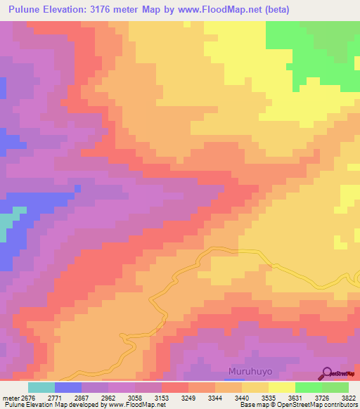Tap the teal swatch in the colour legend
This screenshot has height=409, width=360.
(41, 387)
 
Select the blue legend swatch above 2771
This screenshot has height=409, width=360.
(68, 387)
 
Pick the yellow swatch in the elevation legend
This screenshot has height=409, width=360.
(282, 387)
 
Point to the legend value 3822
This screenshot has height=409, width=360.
(349, 397)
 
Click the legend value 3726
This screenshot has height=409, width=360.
(321, 397)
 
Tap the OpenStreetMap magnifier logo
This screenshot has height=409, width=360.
(327, 372)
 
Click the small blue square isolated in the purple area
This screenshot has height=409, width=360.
(77, 188)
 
